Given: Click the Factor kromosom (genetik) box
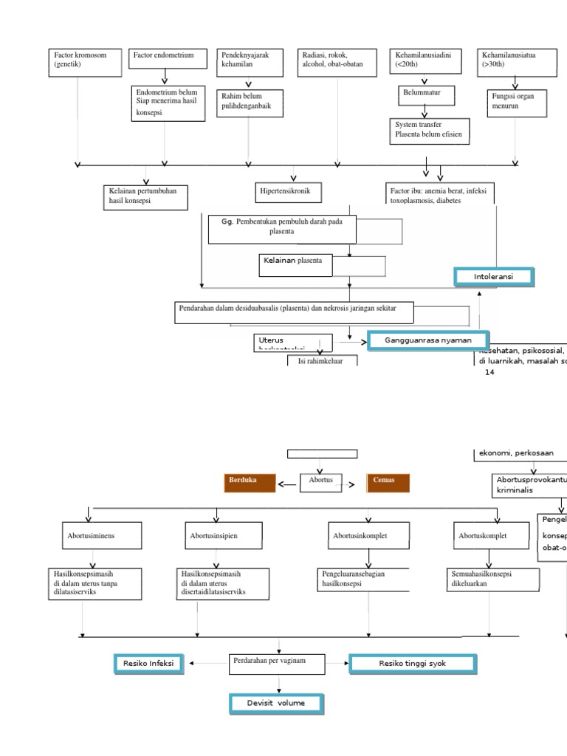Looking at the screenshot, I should click(84, 63).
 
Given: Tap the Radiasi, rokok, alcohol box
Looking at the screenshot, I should click(337, 61).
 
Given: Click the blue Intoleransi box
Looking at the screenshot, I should click(493, 277).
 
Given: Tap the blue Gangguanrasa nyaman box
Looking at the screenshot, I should click(427, 340).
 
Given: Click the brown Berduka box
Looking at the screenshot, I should click(249, 482).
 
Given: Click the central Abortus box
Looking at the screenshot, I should click(322, 482).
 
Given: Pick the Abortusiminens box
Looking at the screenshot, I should click(100, 536).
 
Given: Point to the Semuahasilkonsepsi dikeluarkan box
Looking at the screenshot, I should click(489, 580).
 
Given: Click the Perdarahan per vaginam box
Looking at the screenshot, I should click(277, 664).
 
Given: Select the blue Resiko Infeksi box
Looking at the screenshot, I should click(148, 664).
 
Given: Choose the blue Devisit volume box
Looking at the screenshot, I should click(276, 703).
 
